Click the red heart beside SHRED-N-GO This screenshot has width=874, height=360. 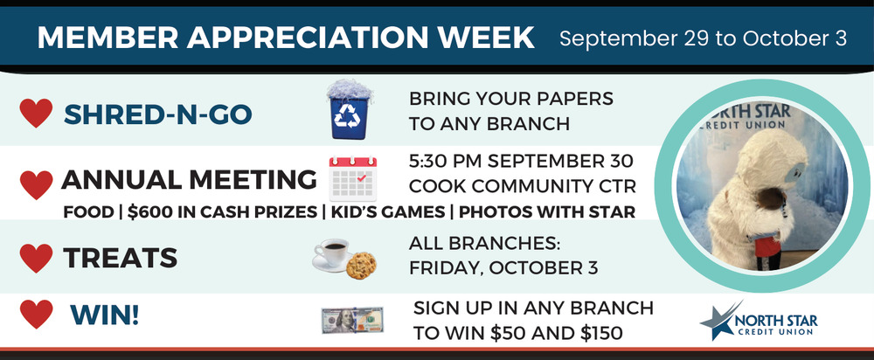coord(36,113)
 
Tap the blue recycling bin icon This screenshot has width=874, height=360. coord(350,110)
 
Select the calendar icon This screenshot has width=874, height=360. coord(353,178)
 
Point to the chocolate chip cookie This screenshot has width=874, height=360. coord(361,266)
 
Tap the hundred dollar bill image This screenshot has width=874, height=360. coord(352,320)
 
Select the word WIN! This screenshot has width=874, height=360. coord(104,316)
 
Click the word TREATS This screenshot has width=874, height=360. coord(120,258)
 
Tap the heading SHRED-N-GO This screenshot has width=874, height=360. coord(157,114)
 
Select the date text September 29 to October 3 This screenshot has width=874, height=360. coord(704,38)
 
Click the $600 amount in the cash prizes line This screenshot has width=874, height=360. coord(147,212)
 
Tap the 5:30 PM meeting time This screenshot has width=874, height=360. coord(443,162)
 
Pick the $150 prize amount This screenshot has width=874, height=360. coord(601,333)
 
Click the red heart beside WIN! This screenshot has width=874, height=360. coord(36,314)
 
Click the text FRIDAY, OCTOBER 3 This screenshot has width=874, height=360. coord(503,268)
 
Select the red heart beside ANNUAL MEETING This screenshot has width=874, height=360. coord(36,184)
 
